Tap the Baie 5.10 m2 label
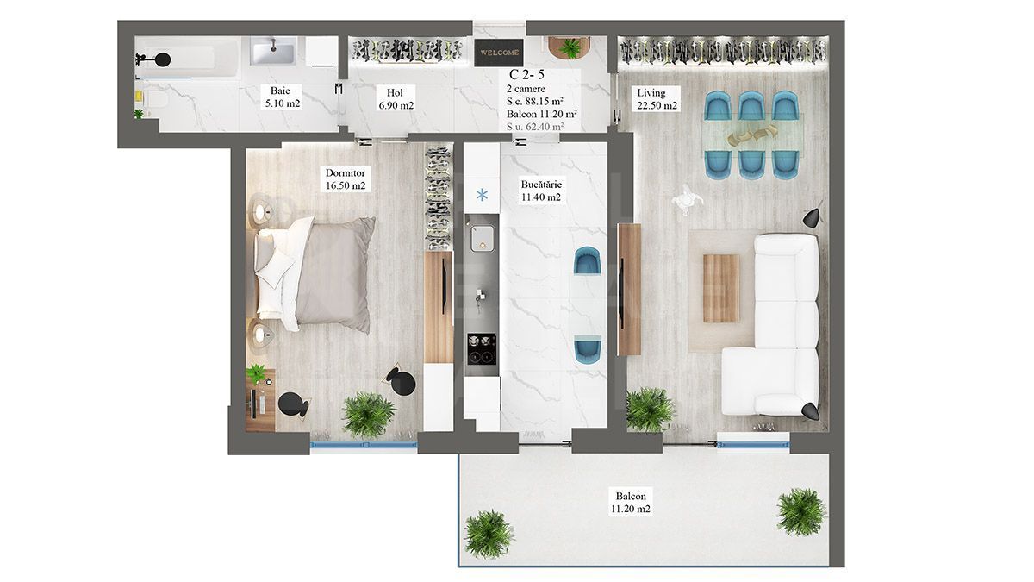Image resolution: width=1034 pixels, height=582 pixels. (x=280, y=97)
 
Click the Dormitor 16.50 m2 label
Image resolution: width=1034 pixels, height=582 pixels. (x=345, y=178)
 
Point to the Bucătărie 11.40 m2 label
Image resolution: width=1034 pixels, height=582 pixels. (x=540, y=190)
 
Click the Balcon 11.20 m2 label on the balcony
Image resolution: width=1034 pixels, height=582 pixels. (x=631, y=503)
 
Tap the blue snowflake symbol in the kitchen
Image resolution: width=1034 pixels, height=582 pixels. (x=482, y=194)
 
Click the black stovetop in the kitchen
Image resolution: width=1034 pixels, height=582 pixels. (x=482, y=350)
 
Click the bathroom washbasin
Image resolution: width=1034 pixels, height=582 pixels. (x=272, y=51)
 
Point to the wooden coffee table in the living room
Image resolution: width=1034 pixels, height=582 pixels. (x=721, y=288)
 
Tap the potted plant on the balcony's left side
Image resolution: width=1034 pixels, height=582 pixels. (x=489, y=533)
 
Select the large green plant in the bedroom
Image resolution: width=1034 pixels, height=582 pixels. (x=368, y=415)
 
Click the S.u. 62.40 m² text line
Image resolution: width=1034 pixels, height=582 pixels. (x=535, y=126)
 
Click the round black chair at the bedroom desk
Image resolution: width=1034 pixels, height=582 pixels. (x=294, y=405)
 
